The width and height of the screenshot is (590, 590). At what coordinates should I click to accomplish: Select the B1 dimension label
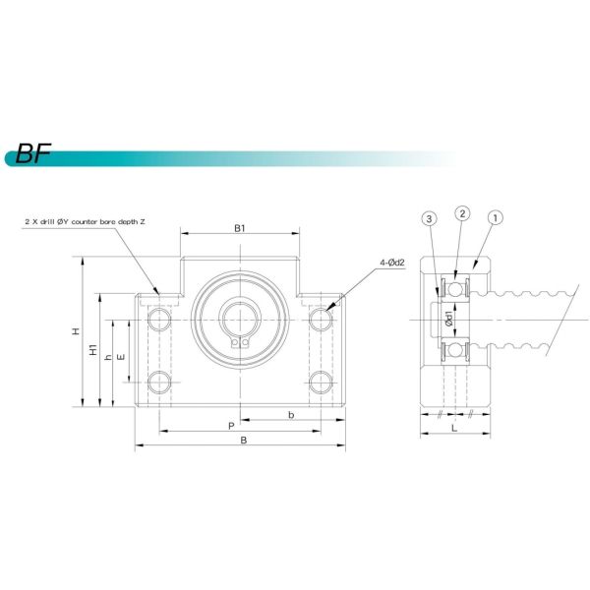point(239,228)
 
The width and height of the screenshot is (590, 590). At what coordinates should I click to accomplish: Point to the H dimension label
point(76,332)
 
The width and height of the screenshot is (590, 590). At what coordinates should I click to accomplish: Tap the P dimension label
point(230,426)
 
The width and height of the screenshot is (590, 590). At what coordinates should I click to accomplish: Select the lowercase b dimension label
point(291,416)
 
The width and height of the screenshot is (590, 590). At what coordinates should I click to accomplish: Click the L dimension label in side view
point(451,430)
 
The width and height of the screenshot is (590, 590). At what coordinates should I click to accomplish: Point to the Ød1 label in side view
point(448,321)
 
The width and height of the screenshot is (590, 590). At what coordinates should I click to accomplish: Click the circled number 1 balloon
point(497,215)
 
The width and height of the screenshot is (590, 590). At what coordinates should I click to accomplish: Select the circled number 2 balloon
point(463,213)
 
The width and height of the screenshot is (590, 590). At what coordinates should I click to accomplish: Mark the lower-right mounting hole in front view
point(319,382)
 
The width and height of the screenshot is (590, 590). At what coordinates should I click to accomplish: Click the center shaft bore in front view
point(239,322)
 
